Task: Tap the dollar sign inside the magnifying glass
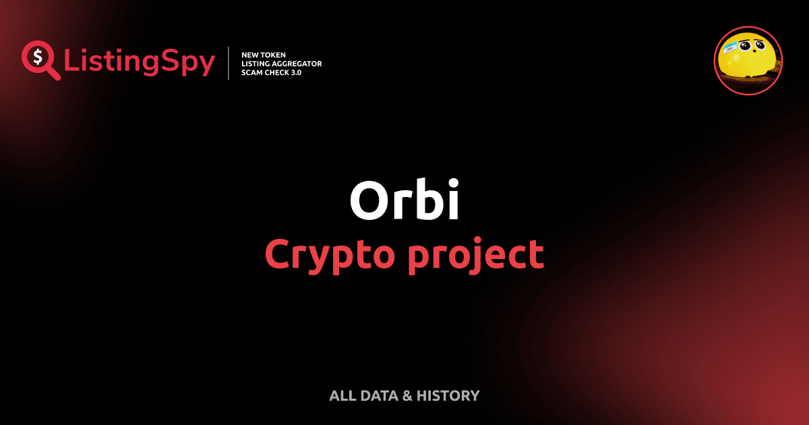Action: pyautogui.click(x=36, y=56)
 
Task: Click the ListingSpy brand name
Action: pyautogui.click(x=140, y=62)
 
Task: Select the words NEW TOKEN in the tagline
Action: pyautogui.click(x=264, y=54)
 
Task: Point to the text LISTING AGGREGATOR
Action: pyautogui.click(x=281, y=63)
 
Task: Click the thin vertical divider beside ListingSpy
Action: pyautogui.click(x=229, y=63)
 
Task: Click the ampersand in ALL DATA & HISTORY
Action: pyautogui.click(x=407, y=396)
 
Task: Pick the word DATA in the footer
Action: pyautogui.click(x=379, y=396)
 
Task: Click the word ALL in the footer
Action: pyautogui.click(x=340, y=396)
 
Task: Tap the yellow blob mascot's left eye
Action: pyautogui.click(x=745, y=47)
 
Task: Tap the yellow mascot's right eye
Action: pyautogui.click(x=760, y=45)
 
